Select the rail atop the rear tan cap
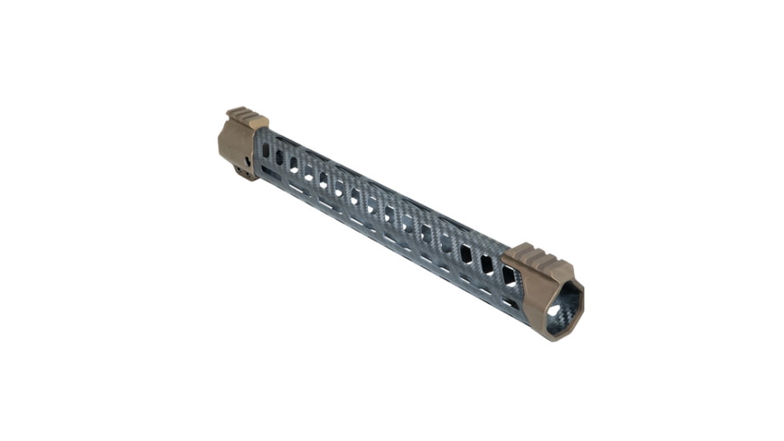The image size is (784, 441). tap(246, 117)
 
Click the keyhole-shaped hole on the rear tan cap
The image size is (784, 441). tap(248, 161)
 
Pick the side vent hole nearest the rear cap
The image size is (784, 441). tap(266, 150)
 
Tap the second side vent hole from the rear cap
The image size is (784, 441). tap(280, 157)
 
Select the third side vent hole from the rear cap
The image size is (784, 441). tap(294, 164)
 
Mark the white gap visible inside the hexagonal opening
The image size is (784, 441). tap(554, 310)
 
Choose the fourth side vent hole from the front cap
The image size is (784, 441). tap(447, 243)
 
